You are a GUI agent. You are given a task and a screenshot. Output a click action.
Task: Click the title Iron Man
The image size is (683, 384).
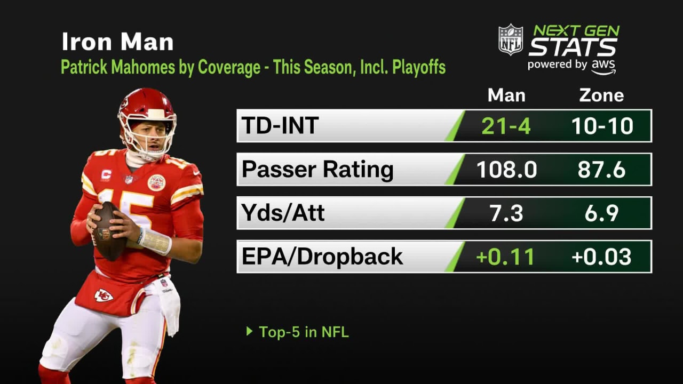[x=117, y=42]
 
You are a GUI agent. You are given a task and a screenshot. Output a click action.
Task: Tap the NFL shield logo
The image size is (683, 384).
[x=511, y=39]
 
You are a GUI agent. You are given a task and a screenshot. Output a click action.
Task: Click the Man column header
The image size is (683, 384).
[x=506, y=95]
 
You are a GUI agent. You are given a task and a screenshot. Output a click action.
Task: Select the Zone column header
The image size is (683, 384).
[x=601, y=95]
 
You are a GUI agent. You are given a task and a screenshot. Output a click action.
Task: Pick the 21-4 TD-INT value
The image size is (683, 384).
[x=506, y=126]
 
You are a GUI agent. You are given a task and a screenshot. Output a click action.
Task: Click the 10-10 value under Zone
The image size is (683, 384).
[x=602, y=126]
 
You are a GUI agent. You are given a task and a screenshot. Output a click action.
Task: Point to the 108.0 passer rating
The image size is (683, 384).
[x=506, y=170]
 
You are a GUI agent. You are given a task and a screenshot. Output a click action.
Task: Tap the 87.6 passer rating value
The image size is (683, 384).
[x=601, y=170]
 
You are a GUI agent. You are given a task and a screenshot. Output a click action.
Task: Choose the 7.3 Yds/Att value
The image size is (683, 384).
[x=506, y=213]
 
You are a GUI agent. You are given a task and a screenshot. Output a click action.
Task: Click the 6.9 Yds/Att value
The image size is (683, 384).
[x=601, y=213]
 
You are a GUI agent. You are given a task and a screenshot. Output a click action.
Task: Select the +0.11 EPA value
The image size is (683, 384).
[x=505, y=257]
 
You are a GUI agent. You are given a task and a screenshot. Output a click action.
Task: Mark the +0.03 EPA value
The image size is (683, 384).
[x=601, y=257]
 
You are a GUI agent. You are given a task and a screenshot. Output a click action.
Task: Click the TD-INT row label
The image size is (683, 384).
[x=280, y=126]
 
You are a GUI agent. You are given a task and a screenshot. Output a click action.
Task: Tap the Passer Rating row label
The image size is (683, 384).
[x=317, y=170]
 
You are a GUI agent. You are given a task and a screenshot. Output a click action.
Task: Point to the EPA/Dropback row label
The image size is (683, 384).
[x=322, y=257]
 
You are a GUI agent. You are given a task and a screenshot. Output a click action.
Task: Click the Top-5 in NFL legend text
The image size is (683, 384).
[x=303, y=332]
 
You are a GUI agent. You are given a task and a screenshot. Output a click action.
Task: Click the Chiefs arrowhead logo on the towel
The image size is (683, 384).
[x=104, y=295]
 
